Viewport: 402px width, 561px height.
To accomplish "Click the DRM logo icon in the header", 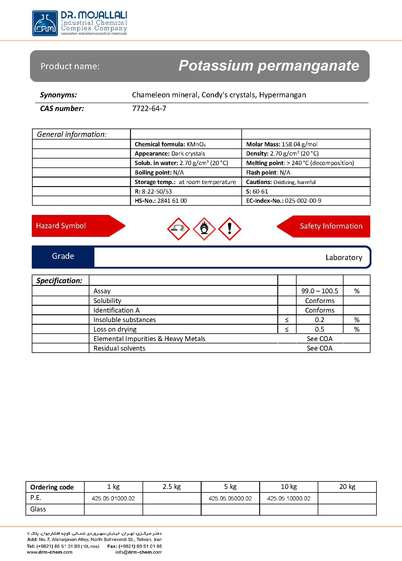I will pos(45,23).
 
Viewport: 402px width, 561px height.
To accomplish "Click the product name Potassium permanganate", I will pos(269,66).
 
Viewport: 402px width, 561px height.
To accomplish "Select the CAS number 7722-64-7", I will pos(149,109).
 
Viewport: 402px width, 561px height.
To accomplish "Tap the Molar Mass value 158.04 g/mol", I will pos(299,144).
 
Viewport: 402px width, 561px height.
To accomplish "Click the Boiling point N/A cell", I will pos(159,172).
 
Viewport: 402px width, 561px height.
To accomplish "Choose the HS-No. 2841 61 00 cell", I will pos(161,201).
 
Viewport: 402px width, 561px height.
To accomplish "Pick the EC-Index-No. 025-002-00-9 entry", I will pos(284,201).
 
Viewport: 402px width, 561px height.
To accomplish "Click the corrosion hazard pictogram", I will pos(178,229).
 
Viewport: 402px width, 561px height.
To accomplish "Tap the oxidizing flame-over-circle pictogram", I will pos(204,229).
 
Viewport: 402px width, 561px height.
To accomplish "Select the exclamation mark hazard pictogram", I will pos(230,229).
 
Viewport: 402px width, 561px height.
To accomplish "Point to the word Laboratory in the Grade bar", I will pos(344,257).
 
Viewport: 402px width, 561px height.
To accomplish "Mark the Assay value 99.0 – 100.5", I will pos(319,291).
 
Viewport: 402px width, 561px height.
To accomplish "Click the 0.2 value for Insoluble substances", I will pos(319,320).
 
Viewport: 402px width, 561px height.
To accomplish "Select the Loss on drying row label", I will pos(115,329).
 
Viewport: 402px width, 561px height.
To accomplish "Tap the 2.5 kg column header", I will pos(172,487).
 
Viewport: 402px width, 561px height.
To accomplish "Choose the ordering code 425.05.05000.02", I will pos(230,498).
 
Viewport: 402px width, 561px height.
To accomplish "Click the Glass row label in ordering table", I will pos(38,509).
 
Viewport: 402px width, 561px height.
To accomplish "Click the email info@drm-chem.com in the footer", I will pos(139,552).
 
